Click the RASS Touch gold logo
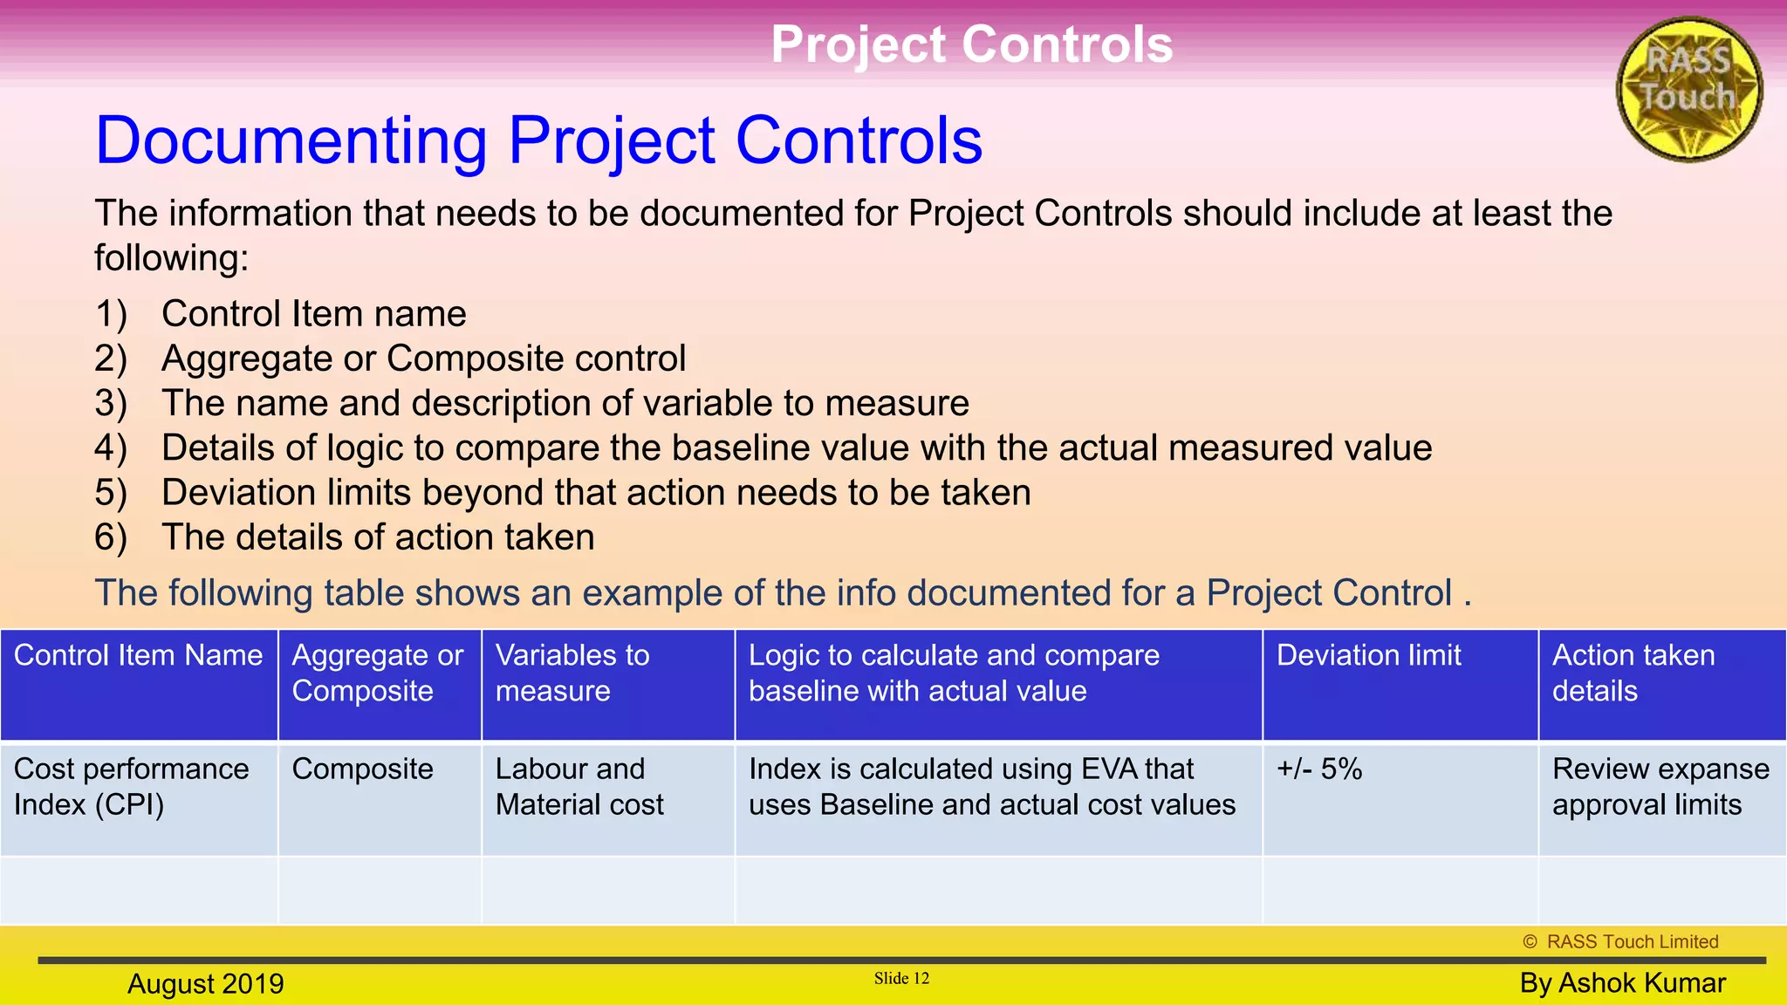point(1689,89)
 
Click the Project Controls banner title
point(971,44)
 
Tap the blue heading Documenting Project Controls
point(538,140)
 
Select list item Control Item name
point(313,314)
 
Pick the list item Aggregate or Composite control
point(423,359)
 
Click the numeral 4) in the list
point(111,448)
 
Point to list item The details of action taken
point(377,537)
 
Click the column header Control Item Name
point(138,656)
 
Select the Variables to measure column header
point(572,673)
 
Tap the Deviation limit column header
point(1368,656)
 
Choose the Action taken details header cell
point(1633,673)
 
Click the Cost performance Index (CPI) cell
point(131,786)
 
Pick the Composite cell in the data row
point(362,769)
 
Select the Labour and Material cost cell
point(579,786)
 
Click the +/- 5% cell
point(1319,769)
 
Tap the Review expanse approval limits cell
point(1660,786)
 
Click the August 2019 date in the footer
point(206,984)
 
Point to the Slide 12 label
point(901,979)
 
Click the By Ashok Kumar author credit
point(1622,983)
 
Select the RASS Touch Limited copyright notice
point(1620,942)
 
